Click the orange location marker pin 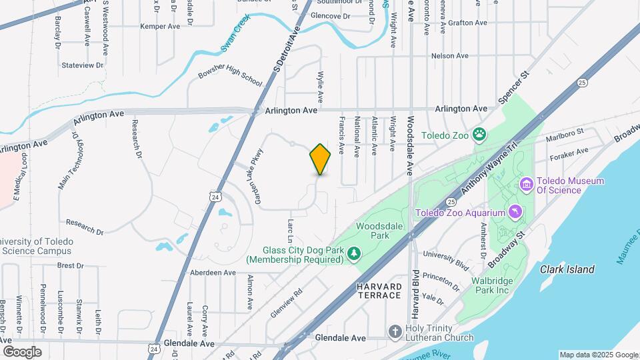[320, 159]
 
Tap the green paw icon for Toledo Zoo [479, 135]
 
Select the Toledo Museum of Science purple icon [527, 183]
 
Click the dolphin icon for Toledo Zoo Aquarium [515, 213]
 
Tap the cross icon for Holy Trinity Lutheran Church [395, 331]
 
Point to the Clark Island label [567, 269]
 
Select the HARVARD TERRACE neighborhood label [378, 291]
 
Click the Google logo [22, 351]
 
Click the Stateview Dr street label [83, 65]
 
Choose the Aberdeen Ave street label [213, 273]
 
